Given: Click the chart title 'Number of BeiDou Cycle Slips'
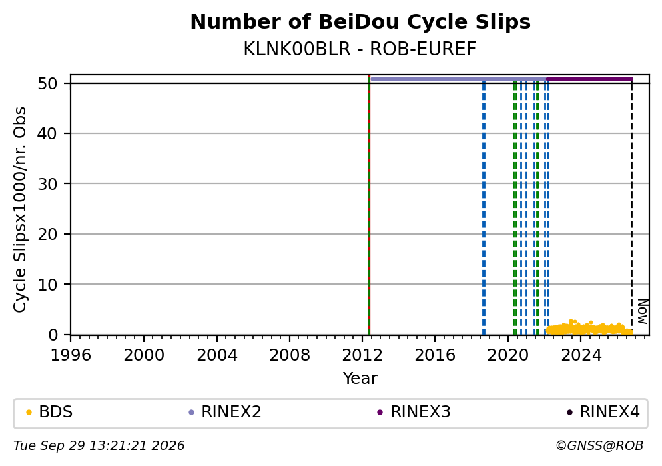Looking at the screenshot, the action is pos(360,22).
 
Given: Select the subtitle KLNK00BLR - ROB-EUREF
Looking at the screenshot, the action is pos(360,49).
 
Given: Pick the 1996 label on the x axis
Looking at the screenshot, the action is pos(71,355).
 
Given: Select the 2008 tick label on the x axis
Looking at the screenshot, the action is pos(290,355).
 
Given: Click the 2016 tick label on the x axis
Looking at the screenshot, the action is pos(435,355).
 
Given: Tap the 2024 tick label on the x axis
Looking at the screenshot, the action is pos(581,355).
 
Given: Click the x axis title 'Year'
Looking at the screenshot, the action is pos(360,378).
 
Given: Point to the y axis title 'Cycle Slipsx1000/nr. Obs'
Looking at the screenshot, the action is pos(20,209).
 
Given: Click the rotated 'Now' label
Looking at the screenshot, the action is pos(642,311).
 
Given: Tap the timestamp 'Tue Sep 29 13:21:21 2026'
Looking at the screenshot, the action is pos(99,446).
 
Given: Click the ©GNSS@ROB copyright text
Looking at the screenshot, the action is pos(599,446).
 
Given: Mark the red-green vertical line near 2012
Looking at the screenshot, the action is pos(370,205).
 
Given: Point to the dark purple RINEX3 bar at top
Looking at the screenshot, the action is pos(589,79).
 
